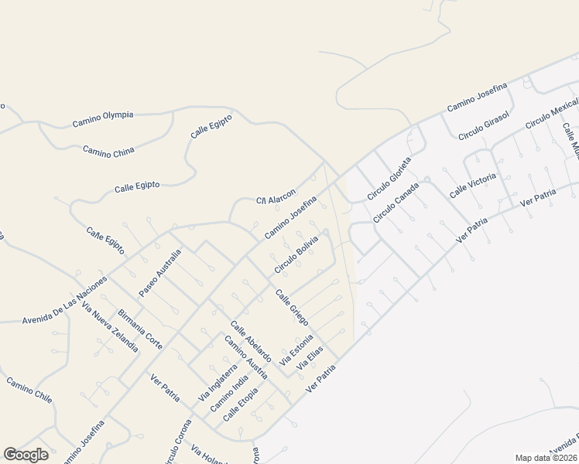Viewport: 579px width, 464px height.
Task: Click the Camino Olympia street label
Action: [x=102, y=118]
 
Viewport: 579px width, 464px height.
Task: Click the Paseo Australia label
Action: [x=160, y=272]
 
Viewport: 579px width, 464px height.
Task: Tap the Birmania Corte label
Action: [x=140, y=330]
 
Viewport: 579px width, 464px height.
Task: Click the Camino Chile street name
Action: [x=29, y=391]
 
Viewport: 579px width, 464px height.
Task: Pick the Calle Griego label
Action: [x=292, y=306]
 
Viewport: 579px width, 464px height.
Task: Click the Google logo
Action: [x=25, y=455]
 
